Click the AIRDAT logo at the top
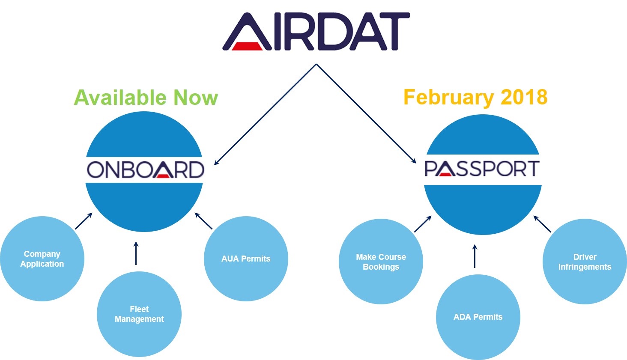[316, 32]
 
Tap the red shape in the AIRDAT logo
[248, 46]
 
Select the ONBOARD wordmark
[145, 170]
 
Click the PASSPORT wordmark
[482, 169]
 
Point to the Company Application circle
[42, 259]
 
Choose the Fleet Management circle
[139, 314]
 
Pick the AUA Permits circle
[246, 259]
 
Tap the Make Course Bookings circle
[381, 262]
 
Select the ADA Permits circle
[478, 317]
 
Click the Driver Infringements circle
[585, 262]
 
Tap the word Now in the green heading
[195, 98]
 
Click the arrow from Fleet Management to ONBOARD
[136, 253]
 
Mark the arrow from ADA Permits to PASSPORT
[475, 256]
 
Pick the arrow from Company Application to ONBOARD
[84, 221]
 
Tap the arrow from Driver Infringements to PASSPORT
[542, 224]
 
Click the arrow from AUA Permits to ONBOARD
[203, 221]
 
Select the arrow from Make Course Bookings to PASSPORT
[423, 224]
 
